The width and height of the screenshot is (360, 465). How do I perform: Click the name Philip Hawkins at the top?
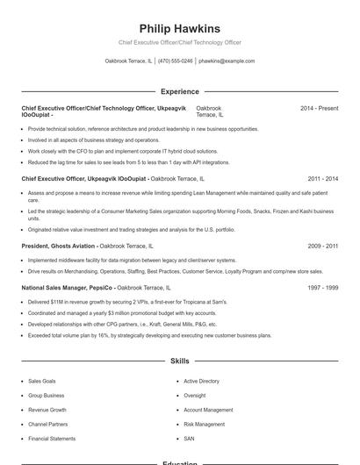(x=179, y=29)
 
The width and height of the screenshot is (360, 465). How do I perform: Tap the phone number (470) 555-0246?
(x=175, y=61)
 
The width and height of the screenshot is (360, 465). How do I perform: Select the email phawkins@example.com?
(x=227, y=61)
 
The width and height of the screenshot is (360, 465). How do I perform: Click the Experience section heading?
(x=179, y=91)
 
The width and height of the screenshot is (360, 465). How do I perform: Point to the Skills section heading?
(x=179, y=361)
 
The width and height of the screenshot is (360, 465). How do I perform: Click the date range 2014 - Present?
(x=319, y=108)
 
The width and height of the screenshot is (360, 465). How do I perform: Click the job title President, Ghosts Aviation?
(x=58, y=247)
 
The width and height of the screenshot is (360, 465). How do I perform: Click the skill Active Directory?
(x=201, y=382)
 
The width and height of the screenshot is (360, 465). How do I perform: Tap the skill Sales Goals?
(x=42, y=382)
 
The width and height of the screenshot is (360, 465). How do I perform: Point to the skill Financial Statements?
(x=52, y=438)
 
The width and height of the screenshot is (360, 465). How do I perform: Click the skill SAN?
(x=189, y=438)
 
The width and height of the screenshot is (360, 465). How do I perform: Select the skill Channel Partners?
(x=47, y=424)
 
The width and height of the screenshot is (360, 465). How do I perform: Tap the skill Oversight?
(x=194, y=396)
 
